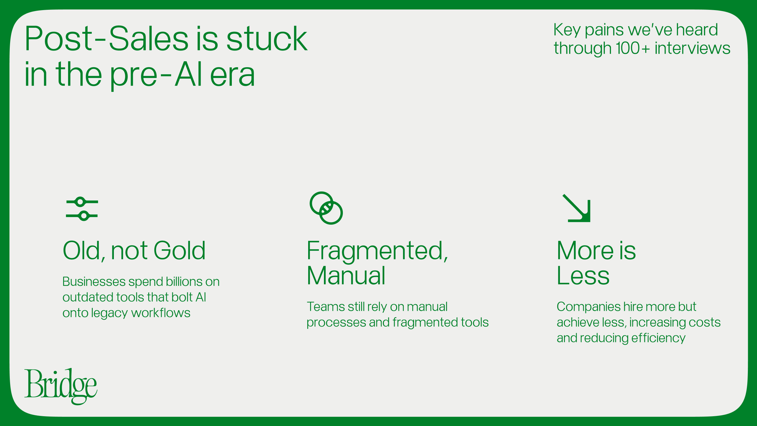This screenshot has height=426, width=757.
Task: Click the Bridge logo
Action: (x=61, y=386)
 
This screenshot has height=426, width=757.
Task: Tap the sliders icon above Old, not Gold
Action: (x=82, y=209)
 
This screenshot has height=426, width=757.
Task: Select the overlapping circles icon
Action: (x=326, y=208)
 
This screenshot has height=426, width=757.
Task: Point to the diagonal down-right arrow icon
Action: (x=577, y=208)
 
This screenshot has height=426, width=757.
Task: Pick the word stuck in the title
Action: (x=267, y=38)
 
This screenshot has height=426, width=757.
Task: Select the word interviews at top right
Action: (x=693, y=48)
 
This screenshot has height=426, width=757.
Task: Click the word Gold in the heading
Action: (x=179, y=251)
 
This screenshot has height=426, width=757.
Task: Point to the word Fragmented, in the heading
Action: (x=377, y=251)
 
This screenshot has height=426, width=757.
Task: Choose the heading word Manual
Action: (x=346, y=275)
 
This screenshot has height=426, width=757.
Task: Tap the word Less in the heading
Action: (x=583, y=276)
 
